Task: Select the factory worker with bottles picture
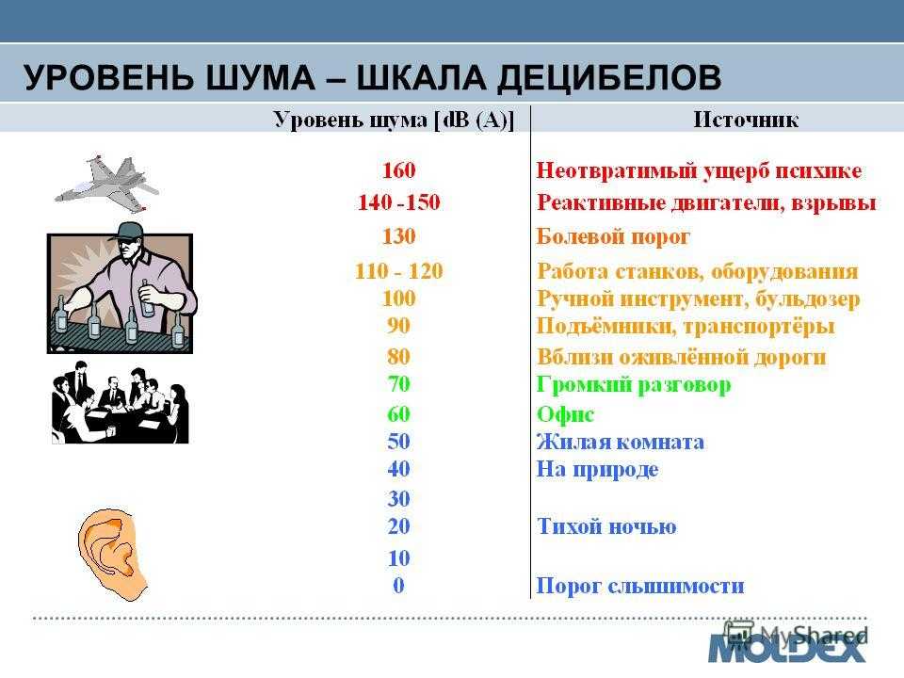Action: pyautogui.click(x=121, y=287)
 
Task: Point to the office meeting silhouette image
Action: pyautogui.click(x=121, y=403)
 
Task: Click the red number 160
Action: pyautogui.click(x=399, y=170)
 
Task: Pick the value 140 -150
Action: pyautogui.click(x=399, y=202)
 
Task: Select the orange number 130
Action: pyautogui.click(x=399, y=235)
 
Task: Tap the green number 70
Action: pyautogui.click(x=399, y=383)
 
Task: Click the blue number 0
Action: pyautogui.click(x=399, y=585)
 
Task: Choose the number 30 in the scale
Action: pyautogui.click(x=399, y=498)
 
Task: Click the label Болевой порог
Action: pyautogui.click(x=613, y=236)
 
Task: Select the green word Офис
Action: pyautogui.click(x=565, y=414)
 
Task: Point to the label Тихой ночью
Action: pyautogui.click(x=606, y=525)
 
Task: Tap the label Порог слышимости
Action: pyautogui.click(x=640, y=586)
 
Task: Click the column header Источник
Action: pyautogui.click(x=746, y=120)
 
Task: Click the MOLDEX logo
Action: pyautogui.click(x=787, y=648)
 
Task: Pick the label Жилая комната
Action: pyautogui.click(x=621, y=442)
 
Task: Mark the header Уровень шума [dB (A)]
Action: pyautogui.click(x=394, y=120)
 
